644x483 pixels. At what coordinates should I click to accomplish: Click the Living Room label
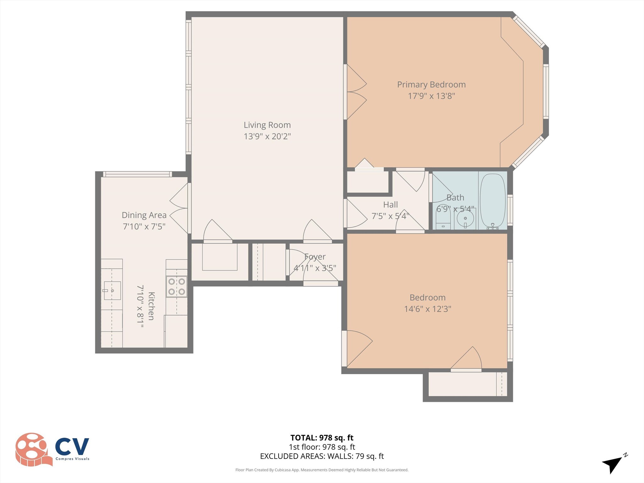pos(267,125)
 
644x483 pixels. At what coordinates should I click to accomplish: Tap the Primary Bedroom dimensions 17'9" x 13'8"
pos(431,96)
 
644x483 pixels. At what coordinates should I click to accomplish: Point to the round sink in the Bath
pos(465,218)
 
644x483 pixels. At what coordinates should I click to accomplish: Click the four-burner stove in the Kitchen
pos(176,286)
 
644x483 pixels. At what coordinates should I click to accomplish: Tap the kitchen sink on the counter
pos(112,291)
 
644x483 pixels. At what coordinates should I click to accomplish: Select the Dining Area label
pos(144,215)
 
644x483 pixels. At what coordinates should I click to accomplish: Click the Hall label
pos(390,205)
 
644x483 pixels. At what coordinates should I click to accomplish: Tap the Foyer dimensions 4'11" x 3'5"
pos(315,268)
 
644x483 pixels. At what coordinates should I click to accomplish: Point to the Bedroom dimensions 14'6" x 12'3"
pos(427,309)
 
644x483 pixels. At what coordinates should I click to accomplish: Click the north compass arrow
pos(613,464)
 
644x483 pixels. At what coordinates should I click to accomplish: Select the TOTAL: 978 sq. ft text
pos(322,438)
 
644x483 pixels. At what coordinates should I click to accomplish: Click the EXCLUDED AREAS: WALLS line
pos(322,456)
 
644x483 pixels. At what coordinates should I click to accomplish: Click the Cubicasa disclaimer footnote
pos(322,470)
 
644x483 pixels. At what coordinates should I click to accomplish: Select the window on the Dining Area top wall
pos(137,174)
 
